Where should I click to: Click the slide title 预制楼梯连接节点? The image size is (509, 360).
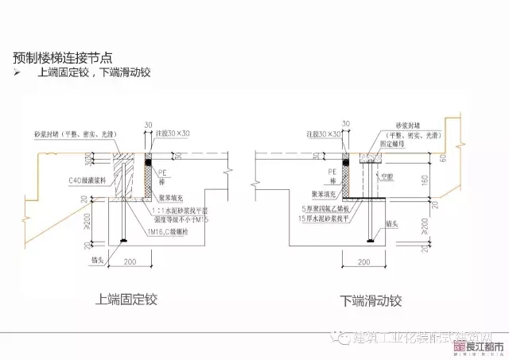(x=63, y=57)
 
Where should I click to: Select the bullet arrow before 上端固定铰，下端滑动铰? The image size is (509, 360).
(x=18, y=72)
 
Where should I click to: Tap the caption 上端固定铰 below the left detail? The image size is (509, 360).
(x=126, y=300)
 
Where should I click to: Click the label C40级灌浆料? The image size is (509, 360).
(x=53, y=181)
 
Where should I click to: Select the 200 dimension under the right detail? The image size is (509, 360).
(x=365, y=261)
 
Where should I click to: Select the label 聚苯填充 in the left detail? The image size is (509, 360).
(x=169, y=192)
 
